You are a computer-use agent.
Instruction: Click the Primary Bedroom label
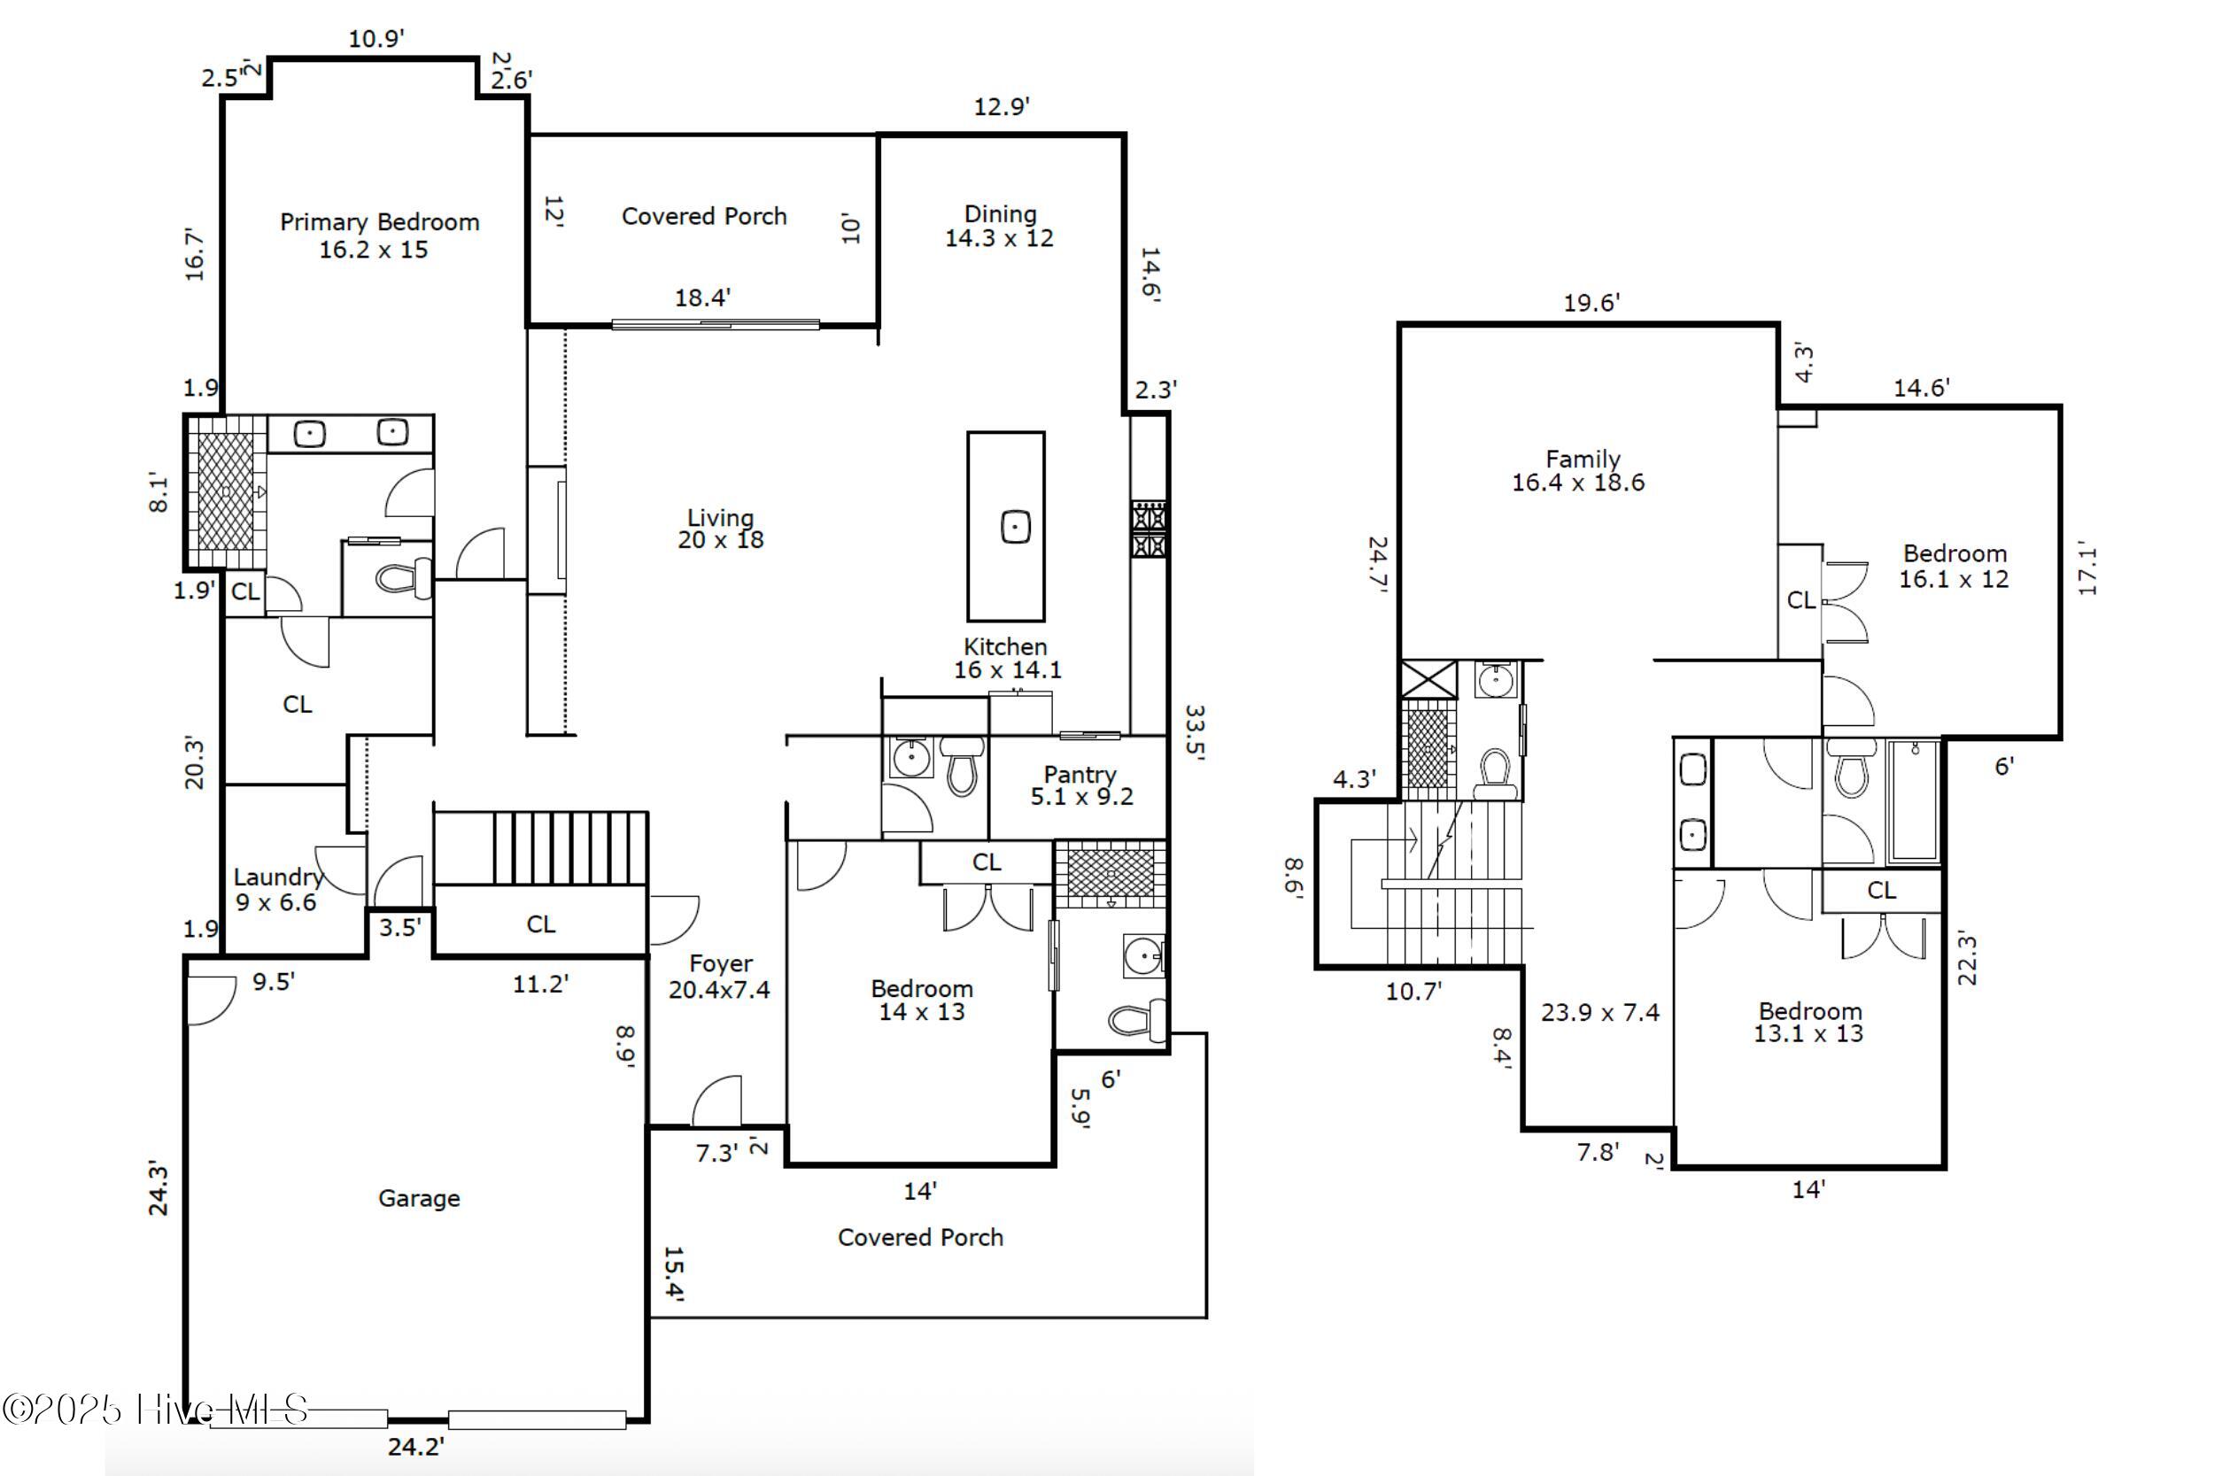(x=378, y=236)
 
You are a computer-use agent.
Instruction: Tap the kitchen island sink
(x=1015, y=527)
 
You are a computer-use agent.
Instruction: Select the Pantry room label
(x=1080, y=785)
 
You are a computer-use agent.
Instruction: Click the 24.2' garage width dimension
(x=415, y=1446)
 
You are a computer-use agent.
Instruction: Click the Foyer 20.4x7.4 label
(x=719, y=976)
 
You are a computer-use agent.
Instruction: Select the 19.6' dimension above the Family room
(x=1591, y=303)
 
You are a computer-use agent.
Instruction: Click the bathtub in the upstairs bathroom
(x=1914, y=801)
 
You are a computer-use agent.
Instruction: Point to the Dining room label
(x=1000, y=226)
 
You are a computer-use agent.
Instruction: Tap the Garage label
(x=419, y=1198)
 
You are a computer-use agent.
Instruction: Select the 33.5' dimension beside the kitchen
(x=1194, y=732)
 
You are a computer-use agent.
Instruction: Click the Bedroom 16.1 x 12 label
(x=1955, y=566)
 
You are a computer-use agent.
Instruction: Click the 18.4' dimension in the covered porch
(x=702, y=298)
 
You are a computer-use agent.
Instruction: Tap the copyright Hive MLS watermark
(x=155, y=1410)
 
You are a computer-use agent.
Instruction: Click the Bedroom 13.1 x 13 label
(x=1809, y=1023)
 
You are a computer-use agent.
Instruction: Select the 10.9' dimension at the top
(x=375, y=39)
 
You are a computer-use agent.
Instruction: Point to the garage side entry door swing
(x=212, y=1000)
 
